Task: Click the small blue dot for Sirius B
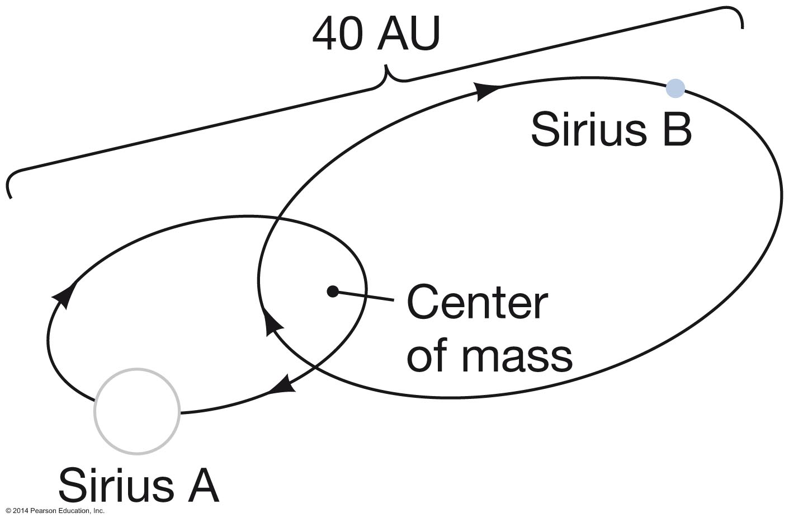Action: (x=675, y=88)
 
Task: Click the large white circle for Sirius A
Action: (x=137, y=411)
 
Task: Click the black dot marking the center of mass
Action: (x=333, y=291)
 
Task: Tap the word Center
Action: (x=477, y=303)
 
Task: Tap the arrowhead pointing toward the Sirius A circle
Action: (x=282, y=385)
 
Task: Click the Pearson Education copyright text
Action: (x=55, y=511)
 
